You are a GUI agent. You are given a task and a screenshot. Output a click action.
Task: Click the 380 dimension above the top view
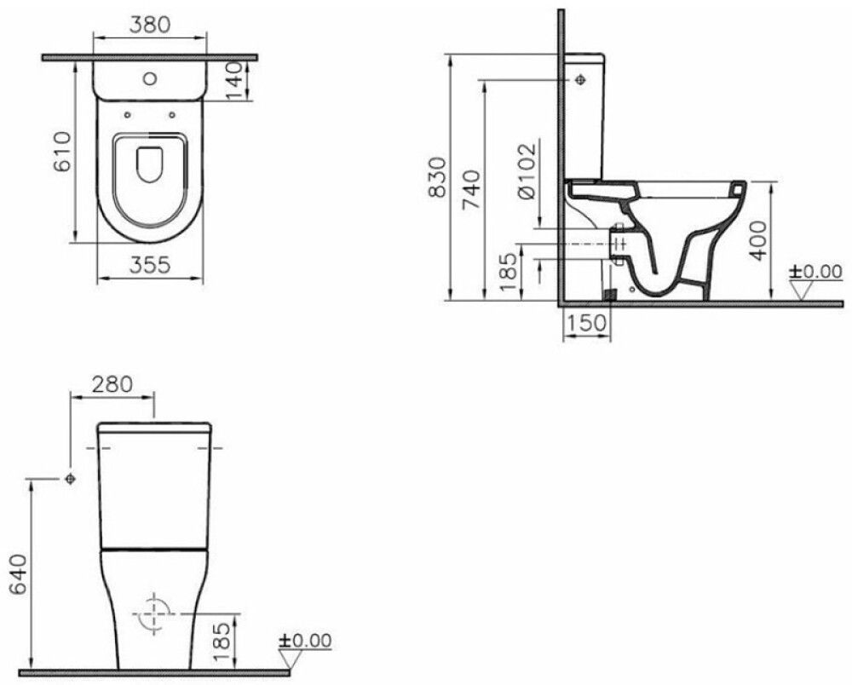149,26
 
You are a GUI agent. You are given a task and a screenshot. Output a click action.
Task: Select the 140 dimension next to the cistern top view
239,79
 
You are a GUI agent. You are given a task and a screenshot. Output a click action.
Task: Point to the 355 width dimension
151,265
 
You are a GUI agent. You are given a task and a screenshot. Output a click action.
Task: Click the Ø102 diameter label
525,171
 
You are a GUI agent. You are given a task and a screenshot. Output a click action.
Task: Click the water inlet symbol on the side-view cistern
580,80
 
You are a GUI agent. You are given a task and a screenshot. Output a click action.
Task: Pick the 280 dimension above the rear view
112,383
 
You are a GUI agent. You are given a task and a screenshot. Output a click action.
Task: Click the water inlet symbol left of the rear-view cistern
70,480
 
